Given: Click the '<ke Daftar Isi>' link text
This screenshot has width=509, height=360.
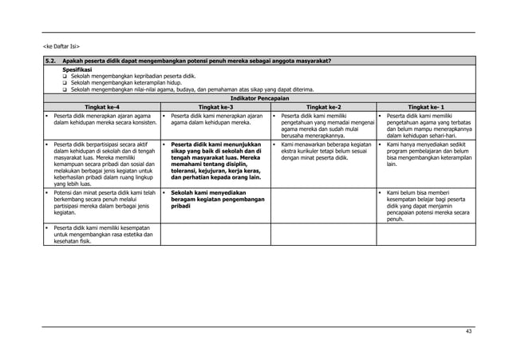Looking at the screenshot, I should coord(61,45).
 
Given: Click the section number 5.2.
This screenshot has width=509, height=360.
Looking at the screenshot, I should coord(49,61).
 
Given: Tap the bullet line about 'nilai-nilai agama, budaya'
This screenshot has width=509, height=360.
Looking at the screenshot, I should coord(191,89).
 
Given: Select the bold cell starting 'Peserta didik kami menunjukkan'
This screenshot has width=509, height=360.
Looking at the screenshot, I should coord(216,160).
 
